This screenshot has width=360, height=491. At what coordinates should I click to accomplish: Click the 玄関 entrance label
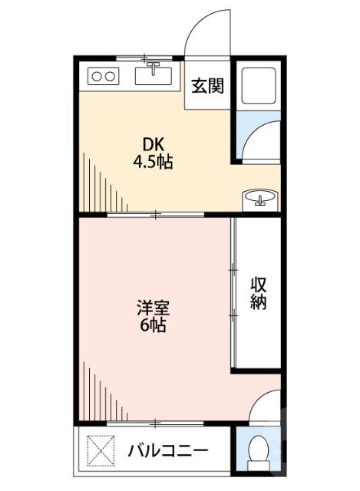pyautogui.click(x=207, y=86)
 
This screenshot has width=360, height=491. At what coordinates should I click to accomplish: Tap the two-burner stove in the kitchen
pyautogui.click(x=103, y=76)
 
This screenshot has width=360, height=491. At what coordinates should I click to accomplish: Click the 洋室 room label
pyautogui.click(x=154, y=309)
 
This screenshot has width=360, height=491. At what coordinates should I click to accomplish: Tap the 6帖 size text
pyautogui.click(x=154, y=326)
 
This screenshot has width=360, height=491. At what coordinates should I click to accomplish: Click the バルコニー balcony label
pyautogui.click(x=167, y=449)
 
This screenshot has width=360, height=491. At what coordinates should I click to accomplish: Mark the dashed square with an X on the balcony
pyautogui.click(x=100, y=449)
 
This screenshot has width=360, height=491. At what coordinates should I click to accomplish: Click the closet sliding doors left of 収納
pyautogui.click(x=232, y=292)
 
